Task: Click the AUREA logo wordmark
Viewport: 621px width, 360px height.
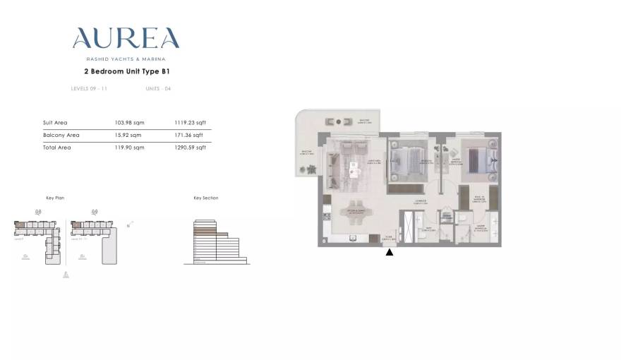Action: [126, 38]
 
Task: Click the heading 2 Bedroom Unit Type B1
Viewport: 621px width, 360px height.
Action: [126, 71]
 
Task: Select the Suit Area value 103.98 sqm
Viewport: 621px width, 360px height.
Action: [128, 123]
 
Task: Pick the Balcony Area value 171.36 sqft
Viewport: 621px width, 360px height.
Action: [188, 135]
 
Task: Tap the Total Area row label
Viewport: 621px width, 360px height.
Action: [56, 148]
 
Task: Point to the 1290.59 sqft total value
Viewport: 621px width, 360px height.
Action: [190, 148]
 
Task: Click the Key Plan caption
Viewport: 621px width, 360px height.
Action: [55, 198]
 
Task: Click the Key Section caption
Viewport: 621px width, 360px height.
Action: [205, 198]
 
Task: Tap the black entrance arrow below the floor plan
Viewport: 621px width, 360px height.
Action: [390, 252]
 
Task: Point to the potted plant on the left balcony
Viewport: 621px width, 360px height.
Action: [309, 170]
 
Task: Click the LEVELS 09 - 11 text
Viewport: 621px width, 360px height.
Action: [89, 89]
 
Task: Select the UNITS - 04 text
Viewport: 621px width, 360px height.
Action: [158, 89]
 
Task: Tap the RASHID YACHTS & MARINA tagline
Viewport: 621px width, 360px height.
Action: [126, 59]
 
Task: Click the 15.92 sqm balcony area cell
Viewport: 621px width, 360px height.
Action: [128, 135]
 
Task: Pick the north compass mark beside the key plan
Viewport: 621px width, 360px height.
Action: [130, 224]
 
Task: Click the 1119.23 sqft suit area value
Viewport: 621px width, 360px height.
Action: [190, 123]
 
